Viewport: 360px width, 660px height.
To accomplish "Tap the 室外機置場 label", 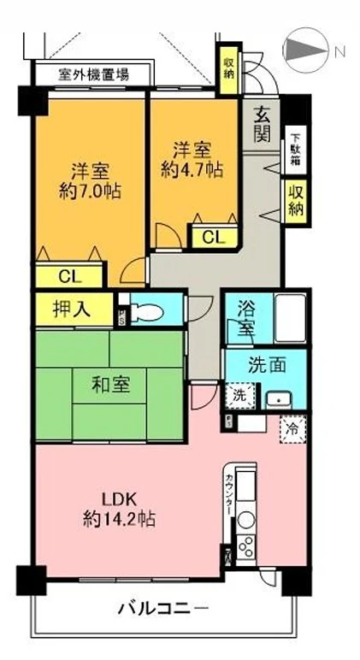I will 93,74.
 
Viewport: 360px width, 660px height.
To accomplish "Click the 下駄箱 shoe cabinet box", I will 294,149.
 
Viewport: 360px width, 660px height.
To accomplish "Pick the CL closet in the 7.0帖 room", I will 70,274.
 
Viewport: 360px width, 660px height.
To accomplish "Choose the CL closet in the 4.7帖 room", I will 213,237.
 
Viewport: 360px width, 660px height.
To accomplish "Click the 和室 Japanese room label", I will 111,385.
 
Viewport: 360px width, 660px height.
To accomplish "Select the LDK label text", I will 120,498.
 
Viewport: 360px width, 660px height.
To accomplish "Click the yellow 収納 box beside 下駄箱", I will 295,201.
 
